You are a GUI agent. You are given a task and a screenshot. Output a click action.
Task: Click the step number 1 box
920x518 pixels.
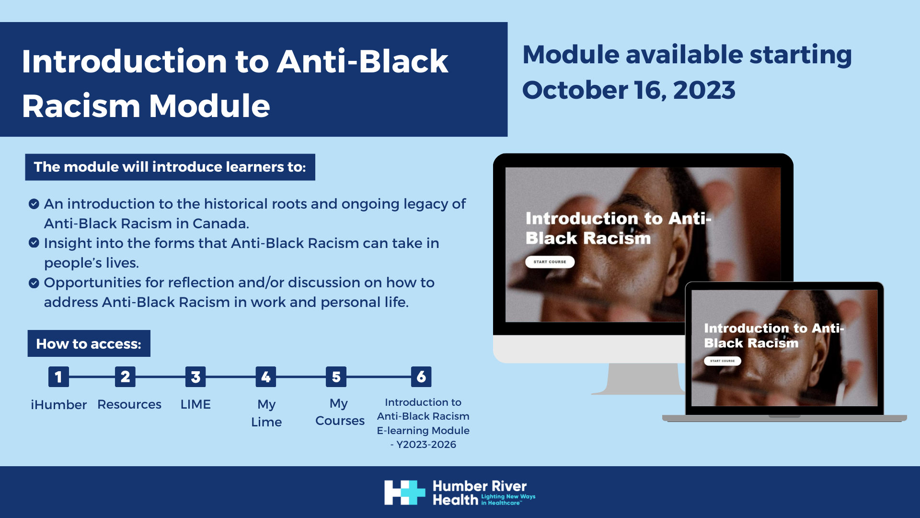pyautogui.click(x=58, y=377)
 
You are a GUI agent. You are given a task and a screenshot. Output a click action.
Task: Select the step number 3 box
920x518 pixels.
pyautogui.click(x=195, y=377)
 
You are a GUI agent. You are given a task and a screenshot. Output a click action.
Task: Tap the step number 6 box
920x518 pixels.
pyautogui.click(x=421, y=377)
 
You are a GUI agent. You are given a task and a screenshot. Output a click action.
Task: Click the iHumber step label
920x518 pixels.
pyautogui.click(x=58, y=405)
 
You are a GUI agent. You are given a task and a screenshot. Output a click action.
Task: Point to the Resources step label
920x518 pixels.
pyautogui.click(x=129, y=404)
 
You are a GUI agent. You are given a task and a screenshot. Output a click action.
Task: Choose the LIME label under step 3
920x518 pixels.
pyautogui.click(x=195, y=404)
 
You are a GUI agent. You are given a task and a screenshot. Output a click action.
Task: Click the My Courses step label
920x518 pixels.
pyautogui.click(x=340, y=412)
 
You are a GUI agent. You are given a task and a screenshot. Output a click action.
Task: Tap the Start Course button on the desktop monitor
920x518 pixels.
pyautogui.click(x=550, y=262)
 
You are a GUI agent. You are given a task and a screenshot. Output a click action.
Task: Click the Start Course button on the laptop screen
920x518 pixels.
pyautogui.click(x=722, y=361)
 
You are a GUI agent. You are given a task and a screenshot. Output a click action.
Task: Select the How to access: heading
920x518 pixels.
pyautogui.click(x=89, y=343)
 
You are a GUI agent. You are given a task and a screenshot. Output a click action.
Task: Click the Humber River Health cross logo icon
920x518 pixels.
pyautogui.click(x=404, y=493)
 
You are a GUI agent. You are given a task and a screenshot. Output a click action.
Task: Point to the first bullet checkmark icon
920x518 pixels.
pyautogui.click(x=34, y=204)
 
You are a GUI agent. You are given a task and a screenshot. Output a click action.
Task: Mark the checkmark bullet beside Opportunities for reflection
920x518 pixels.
pyautogui.click(x=34, y=283)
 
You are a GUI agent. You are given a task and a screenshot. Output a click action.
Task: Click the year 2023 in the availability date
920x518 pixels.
pyautogui.click(x=704, y=90)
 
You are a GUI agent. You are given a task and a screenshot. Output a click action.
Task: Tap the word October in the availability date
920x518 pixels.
pyautogui.click(x=574, y=90)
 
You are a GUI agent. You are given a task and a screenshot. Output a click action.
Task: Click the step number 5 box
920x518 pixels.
pyautogui.click(x=336, y=377)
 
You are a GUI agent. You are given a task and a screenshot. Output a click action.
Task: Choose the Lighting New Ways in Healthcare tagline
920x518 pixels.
pyautogui.click(x=508, y=500)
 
